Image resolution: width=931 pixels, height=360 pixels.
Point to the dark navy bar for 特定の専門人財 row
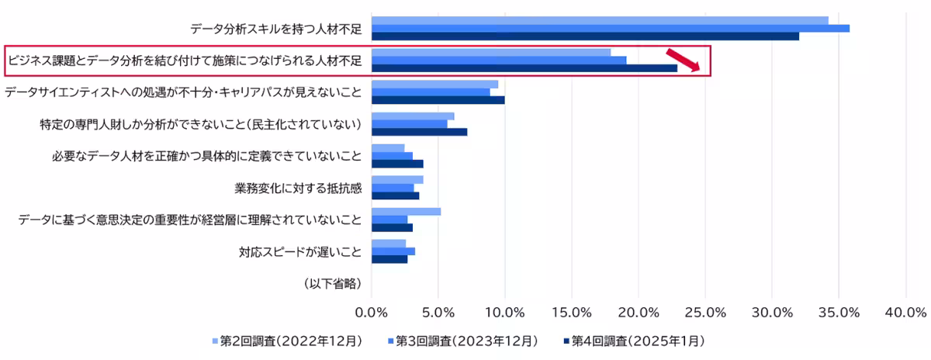(419, 132)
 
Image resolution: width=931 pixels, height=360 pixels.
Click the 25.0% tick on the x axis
(705, 312)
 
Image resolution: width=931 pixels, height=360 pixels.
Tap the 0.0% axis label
(372, 312)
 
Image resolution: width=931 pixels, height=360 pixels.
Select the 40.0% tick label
(905, 312)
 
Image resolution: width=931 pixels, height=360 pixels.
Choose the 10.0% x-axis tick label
(505, 312)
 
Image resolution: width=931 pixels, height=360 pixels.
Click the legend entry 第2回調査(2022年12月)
(286, 341)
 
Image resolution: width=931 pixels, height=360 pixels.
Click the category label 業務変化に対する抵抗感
(297, 188)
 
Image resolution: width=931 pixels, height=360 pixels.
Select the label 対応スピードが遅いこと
(300, 251)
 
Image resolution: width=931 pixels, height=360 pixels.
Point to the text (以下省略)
(332, 283)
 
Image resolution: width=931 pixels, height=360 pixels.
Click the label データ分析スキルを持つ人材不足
(275, 29)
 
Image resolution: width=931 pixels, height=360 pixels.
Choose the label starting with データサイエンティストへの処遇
(183, 92)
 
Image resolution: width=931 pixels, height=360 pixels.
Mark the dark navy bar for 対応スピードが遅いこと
(389, 259)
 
